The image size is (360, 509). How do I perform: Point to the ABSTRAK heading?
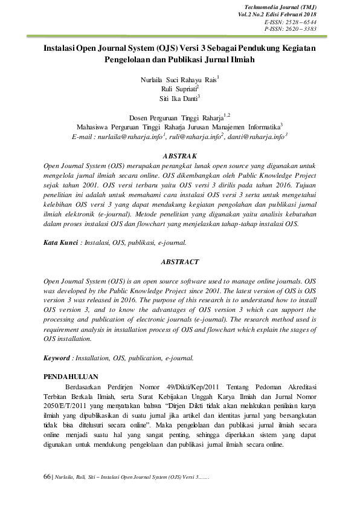(x=180, y=156)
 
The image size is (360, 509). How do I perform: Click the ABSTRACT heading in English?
(x=180, y=262)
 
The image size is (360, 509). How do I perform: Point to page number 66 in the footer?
(x=47, y=477)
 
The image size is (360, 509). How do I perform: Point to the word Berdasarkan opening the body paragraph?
(x=86, y=386)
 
